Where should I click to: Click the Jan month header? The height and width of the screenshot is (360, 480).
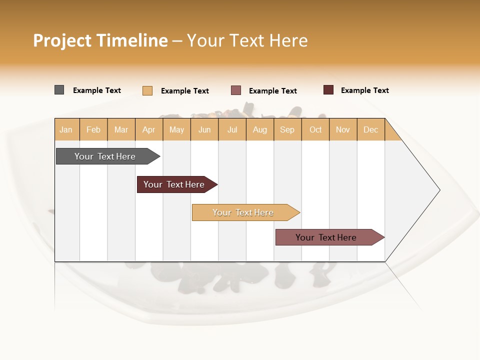[66, 129]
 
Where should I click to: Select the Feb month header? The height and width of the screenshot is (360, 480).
[93, 129]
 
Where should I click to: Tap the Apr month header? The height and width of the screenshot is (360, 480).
[149, 129]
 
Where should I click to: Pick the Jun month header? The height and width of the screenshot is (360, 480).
[204, 129]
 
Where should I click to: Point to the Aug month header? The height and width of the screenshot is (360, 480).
[260, 129]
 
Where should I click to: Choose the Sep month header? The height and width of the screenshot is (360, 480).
[287, 129]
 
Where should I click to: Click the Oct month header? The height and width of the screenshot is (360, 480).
[315, 129]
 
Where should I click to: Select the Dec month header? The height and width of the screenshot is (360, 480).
[371, 129]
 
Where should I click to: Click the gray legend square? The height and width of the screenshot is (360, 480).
[59, 90]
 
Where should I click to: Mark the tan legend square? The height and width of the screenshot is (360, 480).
[147, 90]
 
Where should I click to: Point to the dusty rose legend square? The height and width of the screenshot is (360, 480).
[236, 90]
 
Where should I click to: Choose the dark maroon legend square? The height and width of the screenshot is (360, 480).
[328, 90]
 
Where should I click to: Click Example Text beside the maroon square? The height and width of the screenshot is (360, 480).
[364, 90]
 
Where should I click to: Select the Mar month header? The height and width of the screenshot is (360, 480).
[121, 129]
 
